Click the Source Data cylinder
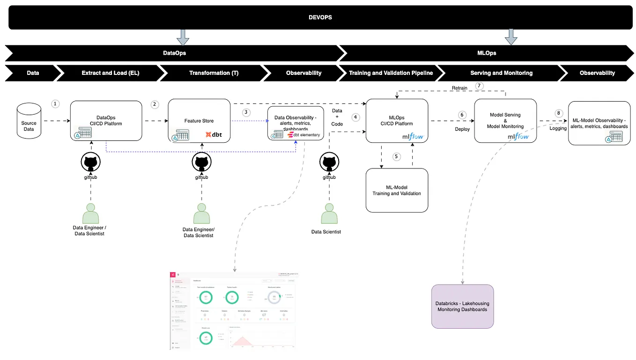[x=29, y=123]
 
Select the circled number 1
[x=56, y=103]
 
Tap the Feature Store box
[x=199, y=121]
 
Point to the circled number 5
[x=397, y=156]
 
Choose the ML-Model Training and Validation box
[x=397, y=190]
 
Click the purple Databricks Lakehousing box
[x=462, y=306]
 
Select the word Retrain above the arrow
[x=460, y=88]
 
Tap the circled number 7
[x=479, y=86]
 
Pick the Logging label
[x=558, y=128]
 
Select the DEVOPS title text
[x=320, y=18]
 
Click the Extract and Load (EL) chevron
[x=110, y=73]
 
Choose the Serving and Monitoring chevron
[x=501, y=73]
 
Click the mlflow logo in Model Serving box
[x=518, y=136]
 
